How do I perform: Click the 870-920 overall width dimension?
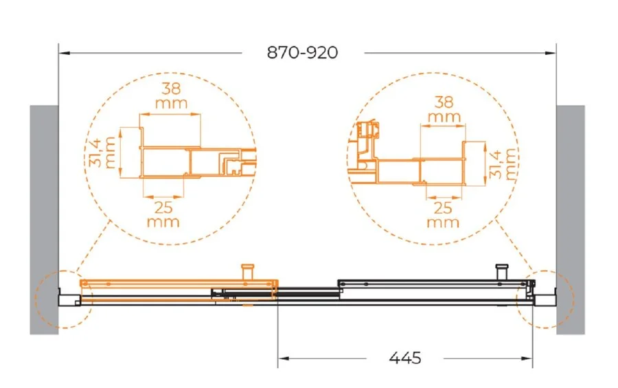tap(302, 52)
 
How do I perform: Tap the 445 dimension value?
tap(405, 358)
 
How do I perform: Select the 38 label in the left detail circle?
tap(172, 89)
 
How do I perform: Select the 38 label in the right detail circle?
tap(444, 102)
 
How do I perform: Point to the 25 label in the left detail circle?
tap(163, 207)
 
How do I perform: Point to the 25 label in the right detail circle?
tap(443, 208)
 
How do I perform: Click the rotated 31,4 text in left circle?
tap(97, 152)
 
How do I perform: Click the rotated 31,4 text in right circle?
tap(496, 164)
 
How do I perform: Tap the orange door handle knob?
tap(248, 271)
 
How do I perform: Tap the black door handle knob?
tap(502, 271)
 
